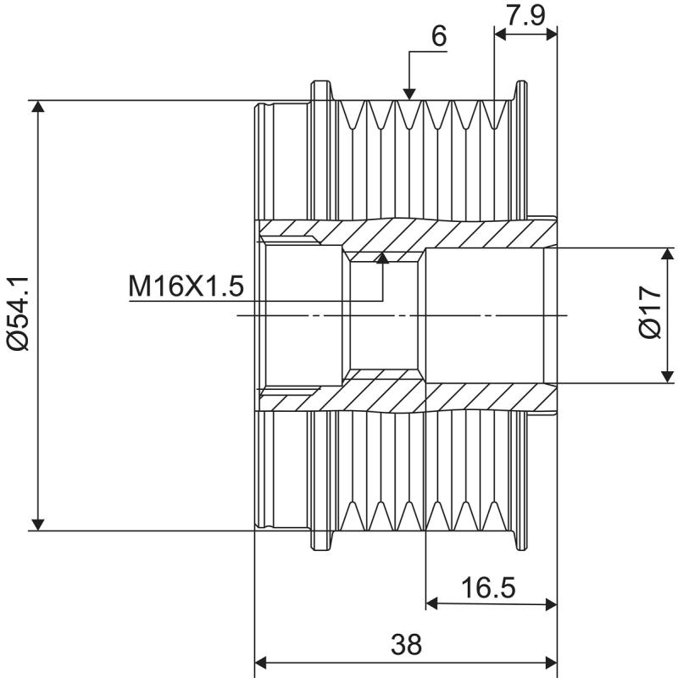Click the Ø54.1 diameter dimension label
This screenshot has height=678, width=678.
(x=18, y=314)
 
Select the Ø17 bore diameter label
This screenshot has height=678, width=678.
(x=651, y=314)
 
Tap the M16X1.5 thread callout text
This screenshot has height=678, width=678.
(x=186, y=286)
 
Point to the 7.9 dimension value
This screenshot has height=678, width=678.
(x=525, y=15)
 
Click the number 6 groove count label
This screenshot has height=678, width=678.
(x=439, y=36)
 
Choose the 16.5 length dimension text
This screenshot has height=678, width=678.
(x=489, y=586)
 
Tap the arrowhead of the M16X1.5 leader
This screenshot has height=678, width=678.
(x=383, y=258)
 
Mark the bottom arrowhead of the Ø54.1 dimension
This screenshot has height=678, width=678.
(x=37, y=522)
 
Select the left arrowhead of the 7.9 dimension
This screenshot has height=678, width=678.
(x=501, y=34)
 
